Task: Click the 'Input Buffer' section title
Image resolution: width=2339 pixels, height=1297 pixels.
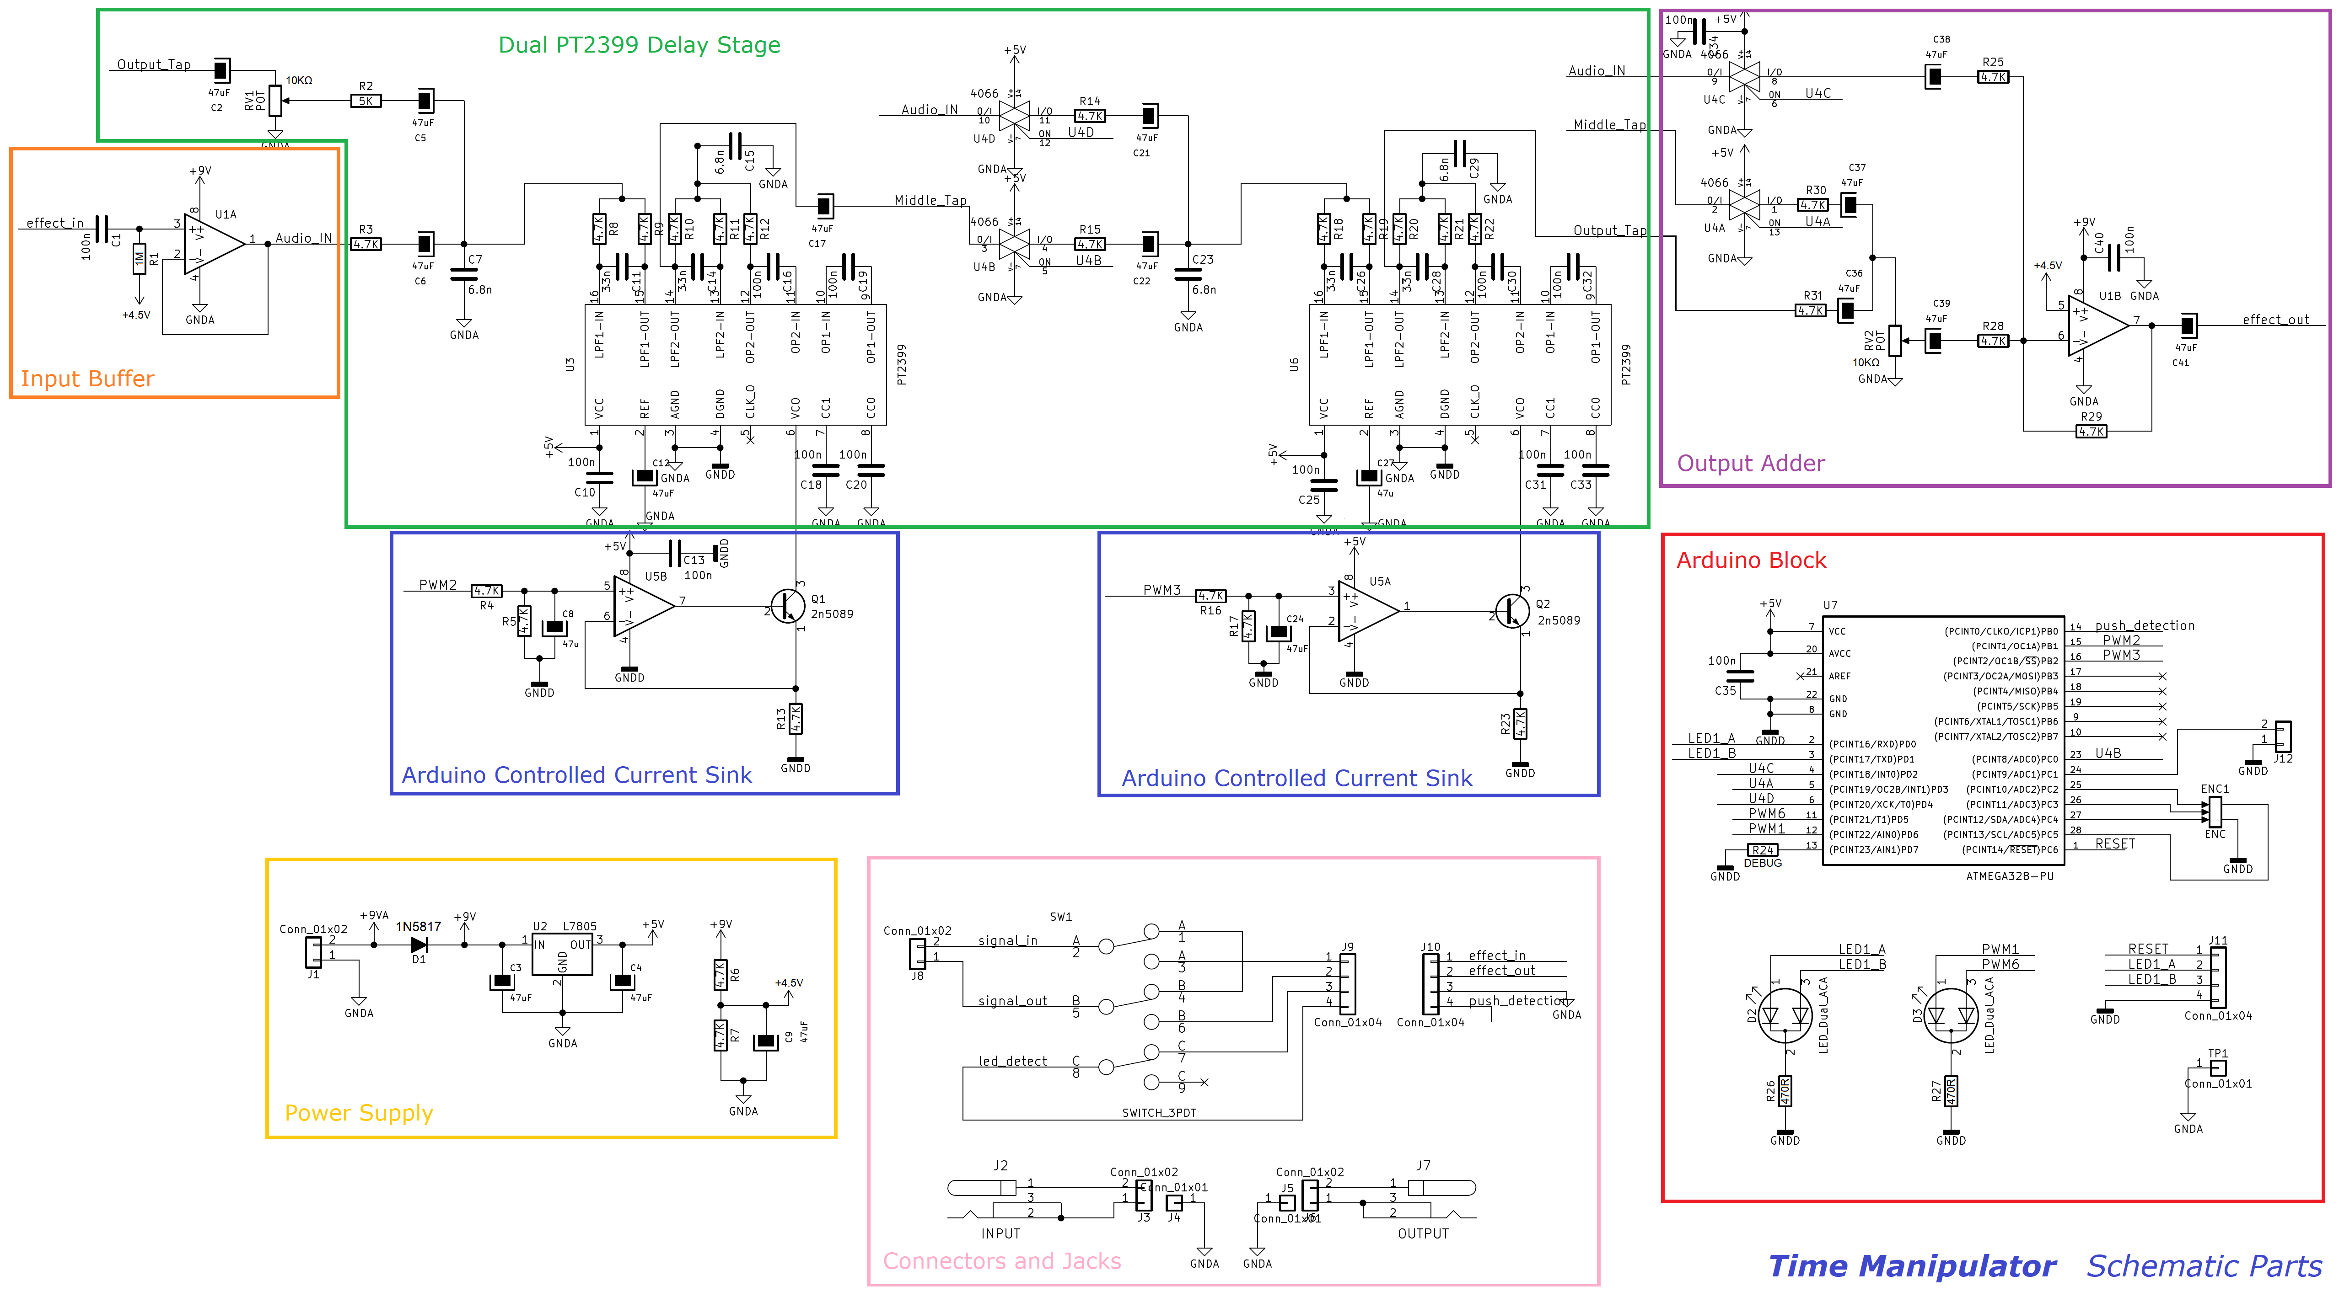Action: coord(87,379)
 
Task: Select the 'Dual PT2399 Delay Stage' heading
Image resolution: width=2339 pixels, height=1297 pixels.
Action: coord(639,44)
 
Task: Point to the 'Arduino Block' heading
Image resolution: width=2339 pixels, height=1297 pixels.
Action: coord(1751,560)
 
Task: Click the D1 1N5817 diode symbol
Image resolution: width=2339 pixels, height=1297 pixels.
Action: coord(419,945)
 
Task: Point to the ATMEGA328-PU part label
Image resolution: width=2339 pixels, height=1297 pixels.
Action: coord(2009,876)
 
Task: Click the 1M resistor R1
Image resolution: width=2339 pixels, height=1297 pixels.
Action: coord(139,260)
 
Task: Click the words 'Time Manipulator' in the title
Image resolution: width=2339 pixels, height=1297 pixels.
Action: coord(1911,1265)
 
